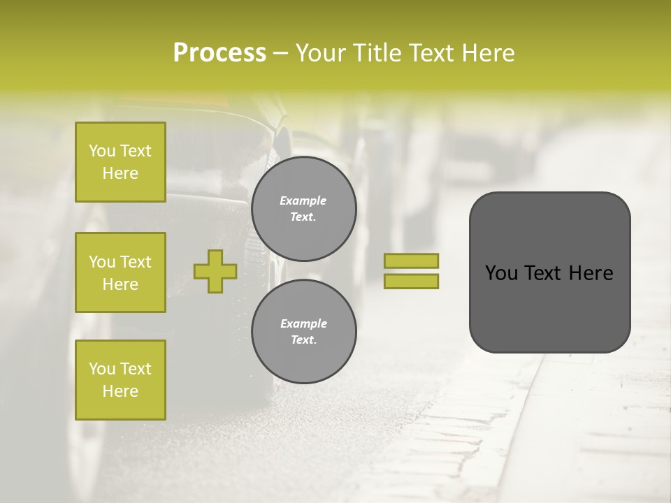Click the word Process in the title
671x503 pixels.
[x=219, y=53]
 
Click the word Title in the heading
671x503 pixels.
[x=377, y=53]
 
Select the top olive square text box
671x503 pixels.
[x=120, y=162]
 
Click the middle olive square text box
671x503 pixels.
[x=120, y=272]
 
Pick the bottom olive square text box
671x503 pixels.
[x=120, y=380]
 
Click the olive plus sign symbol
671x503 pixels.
[x=215, y=271]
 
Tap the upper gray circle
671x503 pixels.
[x=304, y=208]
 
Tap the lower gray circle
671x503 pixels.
[x=304, y=331]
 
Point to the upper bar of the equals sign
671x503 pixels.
[x=412, y=261]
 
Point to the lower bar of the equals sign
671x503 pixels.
[x=412, y=281]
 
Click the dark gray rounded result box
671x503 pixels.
[x=549, y=307]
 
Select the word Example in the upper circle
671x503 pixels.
[x=303, y=201]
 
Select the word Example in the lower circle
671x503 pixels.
[x=303, y=323]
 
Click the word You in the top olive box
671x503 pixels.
[x=101, y=151]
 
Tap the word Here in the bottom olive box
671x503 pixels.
[x=120, y=391]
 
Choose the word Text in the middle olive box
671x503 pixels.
[x=135, y=262]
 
